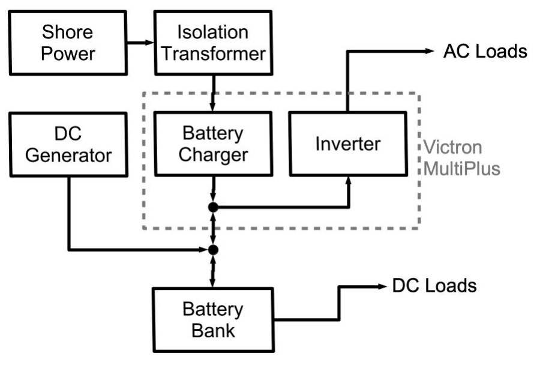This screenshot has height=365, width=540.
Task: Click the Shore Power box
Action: click(x=69, y=43)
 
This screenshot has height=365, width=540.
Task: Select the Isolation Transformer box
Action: click(x=214, y=43)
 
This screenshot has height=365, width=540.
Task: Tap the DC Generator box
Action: click(x=68, y=145)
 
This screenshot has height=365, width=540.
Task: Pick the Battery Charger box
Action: click(x=214, y=145)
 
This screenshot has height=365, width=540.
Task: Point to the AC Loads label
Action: click(x=485, y=52)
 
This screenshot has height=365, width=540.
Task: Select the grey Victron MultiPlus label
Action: click(x=461, y=157)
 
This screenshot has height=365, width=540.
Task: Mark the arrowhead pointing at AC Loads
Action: click(x=428, y=52)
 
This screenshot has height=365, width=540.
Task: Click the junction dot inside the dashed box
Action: click(x=213, y=207)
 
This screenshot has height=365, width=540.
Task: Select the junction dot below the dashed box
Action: click(x=213, y=249)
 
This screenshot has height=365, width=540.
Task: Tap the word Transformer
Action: click(x=214, y=53)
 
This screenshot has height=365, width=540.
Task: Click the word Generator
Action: click(x=68, y=155)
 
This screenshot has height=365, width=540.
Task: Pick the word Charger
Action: click(x=214, y=155)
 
